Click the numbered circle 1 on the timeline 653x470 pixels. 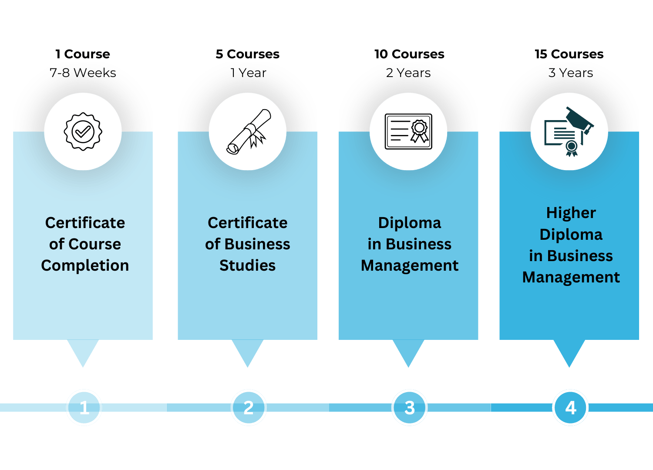[84, 408]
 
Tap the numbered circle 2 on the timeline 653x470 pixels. [248, 408]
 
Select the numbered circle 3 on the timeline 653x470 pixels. [409, 408]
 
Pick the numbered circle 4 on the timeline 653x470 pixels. [570, 408]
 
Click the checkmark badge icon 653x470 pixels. [83, 131]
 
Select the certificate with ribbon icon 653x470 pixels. [408, 131]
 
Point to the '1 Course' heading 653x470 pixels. [83, 54]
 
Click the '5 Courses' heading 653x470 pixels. [247, 54]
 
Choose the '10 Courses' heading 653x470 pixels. [409, 54]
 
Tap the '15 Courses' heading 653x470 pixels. [569, 54]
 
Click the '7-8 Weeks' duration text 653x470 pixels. [83, 73]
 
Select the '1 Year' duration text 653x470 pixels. [248, 73]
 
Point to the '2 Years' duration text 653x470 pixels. [408, 73]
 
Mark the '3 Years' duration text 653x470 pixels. [570, 73]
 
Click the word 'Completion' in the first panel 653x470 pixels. [85, 265]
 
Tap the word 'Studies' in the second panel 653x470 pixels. [247, 265]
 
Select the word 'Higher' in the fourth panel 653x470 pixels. [571, 213]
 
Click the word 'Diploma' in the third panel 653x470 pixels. [409, 223]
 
